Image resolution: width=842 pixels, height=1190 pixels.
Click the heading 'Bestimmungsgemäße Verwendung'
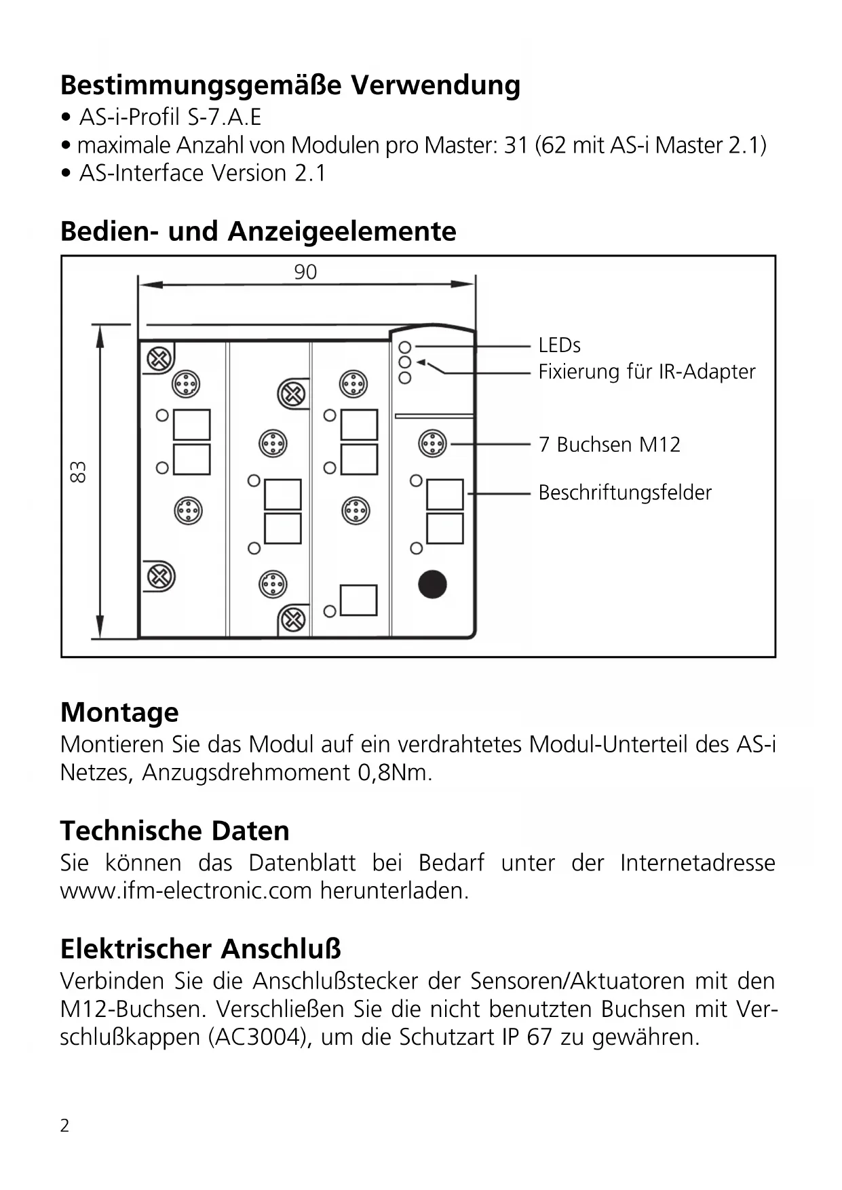coord(290,85)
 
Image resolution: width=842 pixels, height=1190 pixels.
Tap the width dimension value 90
coord(305,272)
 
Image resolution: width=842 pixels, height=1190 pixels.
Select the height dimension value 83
coord(79,472)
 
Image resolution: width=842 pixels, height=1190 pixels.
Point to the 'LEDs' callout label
coord(559,345)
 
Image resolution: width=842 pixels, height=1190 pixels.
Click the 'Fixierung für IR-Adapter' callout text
coord(646,372)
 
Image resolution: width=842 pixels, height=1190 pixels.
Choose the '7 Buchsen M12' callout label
coord(609,444)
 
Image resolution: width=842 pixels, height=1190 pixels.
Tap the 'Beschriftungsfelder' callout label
coord(624,493)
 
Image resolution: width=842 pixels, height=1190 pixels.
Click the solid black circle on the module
coord(432,584)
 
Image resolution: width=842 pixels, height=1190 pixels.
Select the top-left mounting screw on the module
coord(160,359)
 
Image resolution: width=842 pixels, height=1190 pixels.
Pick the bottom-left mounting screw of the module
coord(161,577)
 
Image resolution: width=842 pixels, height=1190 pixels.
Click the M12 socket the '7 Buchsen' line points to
coord(432,444)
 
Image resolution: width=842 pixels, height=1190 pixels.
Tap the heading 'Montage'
coord(119,712)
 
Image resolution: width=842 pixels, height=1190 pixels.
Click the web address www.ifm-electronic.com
coord(186,890)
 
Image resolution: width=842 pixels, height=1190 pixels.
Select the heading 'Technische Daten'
coord(174,831)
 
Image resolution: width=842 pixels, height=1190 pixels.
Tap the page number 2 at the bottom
coord(64,1126)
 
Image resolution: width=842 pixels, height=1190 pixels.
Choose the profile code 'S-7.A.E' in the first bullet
coord(225,117)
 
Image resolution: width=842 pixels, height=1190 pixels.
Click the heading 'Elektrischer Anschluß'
coord(200,949)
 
